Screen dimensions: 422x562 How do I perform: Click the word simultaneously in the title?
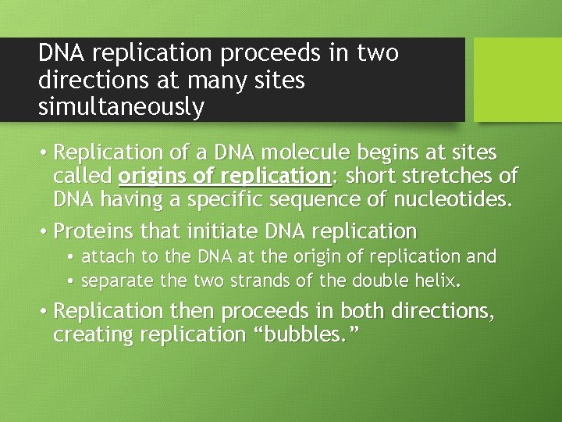point(121,107)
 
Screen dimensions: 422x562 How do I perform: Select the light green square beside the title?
point(518,80)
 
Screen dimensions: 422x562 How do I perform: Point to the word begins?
point(379,152)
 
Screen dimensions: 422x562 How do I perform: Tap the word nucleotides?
point(450,200)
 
